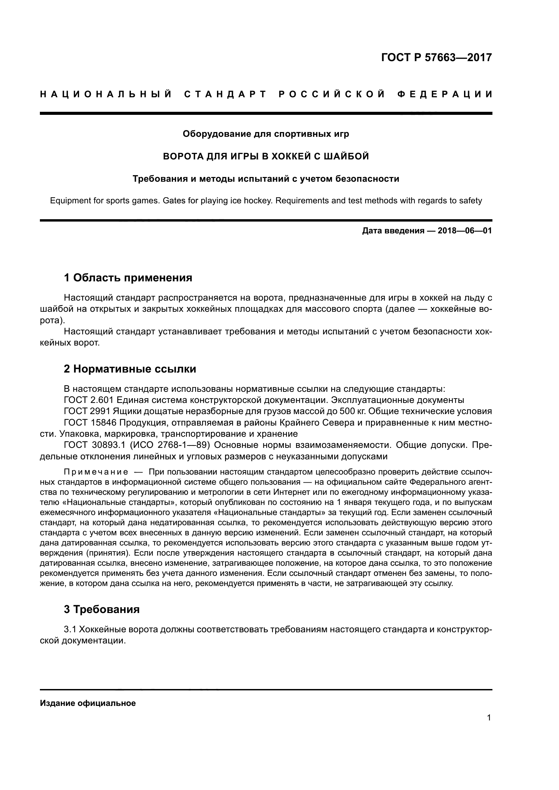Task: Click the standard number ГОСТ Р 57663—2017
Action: [436, 57]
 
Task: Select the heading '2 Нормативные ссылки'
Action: [130, 369]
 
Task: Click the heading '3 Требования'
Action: [102, 609]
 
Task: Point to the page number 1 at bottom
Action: [489, 717]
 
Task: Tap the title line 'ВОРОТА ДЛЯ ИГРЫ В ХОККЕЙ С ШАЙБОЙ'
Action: [266, 156]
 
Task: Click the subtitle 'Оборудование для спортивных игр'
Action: [266, 133]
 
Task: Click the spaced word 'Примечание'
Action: [96, 472]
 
